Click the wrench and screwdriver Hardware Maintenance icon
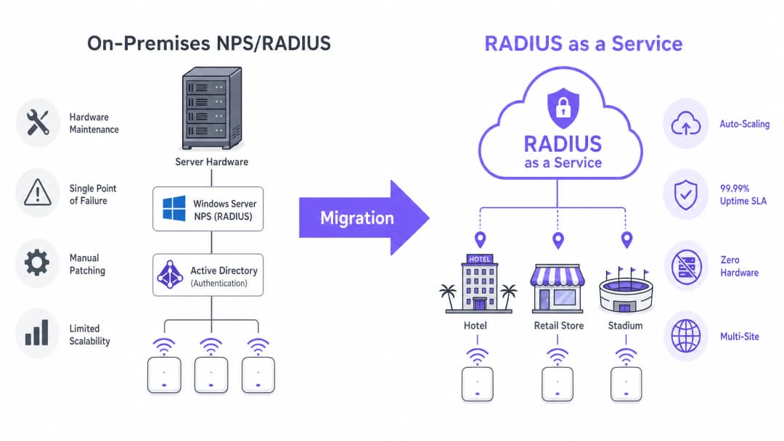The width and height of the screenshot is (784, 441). tap(38, 123)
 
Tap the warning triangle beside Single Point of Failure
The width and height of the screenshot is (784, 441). tap(38, 193)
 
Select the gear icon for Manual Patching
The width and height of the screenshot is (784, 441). tap(37, 263)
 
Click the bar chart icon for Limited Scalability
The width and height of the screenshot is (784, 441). tap(37, 333)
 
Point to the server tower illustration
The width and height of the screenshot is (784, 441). tap(212, 108)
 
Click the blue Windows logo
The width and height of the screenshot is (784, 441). tap(174, 208)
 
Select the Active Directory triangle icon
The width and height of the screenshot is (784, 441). tap(170, 275)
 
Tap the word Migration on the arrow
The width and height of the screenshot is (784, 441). tap(357, 218)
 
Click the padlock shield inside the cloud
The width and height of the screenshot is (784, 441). tap(563, 107)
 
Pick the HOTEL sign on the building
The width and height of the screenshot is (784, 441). tap(480, 259)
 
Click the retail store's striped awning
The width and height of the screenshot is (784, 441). tap(558, 276)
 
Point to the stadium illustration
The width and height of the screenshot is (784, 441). tap(626, 291)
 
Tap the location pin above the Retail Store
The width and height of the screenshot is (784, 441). tap(558, 240)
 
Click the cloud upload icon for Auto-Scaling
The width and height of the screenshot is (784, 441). tap(685, 124)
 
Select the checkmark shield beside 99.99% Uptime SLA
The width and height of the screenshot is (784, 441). tap(685, 195)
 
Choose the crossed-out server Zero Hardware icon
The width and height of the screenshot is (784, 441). tap(687, 267)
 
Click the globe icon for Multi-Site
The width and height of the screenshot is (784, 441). tap(686, 336)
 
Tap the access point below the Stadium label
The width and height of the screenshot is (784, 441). tap(626, 384)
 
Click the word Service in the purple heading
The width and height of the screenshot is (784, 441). tap(647, 44)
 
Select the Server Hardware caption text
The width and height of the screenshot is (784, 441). tap(211, 162)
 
